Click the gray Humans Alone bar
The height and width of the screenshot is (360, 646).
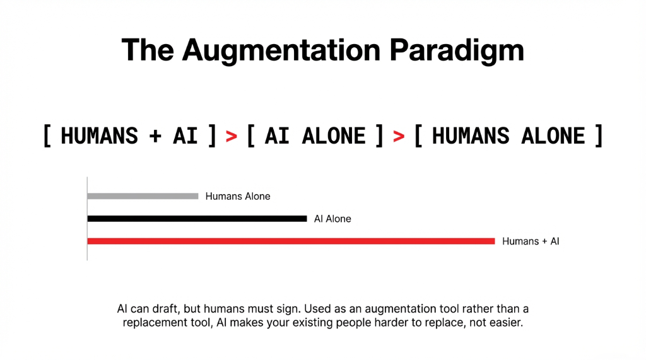click(x=143, y=196)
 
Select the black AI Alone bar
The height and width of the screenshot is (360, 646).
click(x=197, y=219)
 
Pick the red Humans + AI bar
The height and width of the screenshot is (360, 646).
click(x=291, y=241)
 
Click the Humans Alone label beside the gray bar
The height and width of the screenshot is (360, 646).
click(x=238, y=196)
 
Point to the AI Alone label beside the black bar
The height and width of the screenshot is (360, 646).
click(x=332, y=219)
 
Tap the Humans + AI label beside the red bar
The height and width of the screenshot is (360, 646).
click(x=531, y=241)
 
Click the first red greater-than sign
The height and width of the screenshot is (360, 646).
click(x=232, y=136)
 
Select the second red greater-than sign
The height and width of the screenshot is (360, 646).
click(x=398, y=136)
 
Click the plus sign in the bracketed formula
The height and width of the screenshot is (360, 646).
click(x=155, y=136)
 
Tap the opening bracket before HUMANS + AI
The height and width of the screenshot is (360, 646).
click(x=47, y=136)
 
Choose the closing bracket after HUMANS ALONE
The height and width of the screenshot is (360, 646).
click(x=597, y=136)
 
